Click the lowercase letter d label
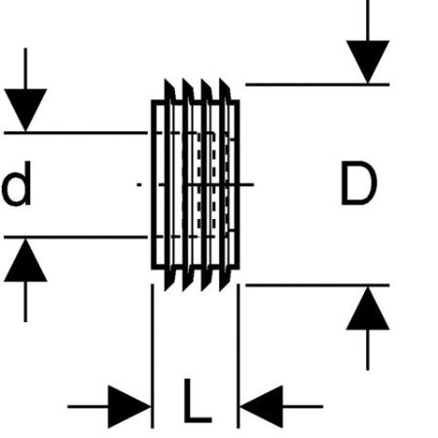pos(17,184)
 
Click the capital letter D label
pos(359,184)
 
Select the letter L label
pos(198,400)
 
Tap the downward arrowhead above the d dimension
pos(25,110)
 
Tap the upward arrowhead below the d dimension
pos(25,260)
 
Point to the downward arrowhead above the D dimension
pos(368,61)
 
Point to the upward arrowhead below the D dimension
pos(368,309)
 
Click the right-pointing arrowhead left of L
pos(129,407)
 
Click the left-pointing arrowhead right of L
pos(261,407)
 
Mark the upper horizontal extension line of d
pos(76,132)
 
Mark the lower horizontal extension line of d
pos(76,237)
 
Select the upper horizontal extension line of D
pos(317,85)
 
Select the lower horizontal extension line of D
pos(317,285)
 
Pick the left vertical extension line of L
pos(153,356)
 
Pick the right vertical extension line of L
pos(238,356)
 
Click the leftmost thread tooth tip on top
pos(165,79)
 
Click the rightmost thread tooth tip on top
pos(220,79)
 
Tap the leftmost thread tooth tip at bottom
pos(165,291)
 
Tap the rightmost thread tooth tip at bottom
pos(220,291)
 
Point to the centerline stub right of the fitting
pos(246,185)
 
